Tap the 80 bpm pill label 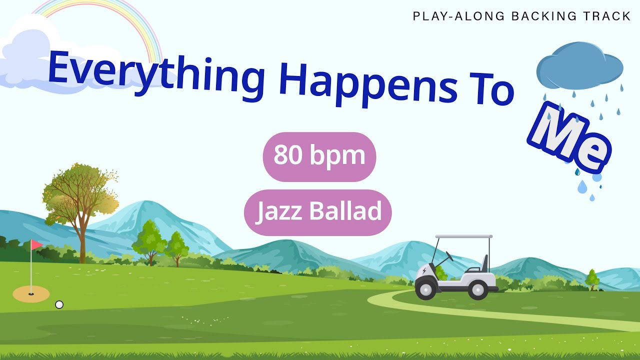click(x=319, y=156)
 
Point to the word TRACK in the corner click(x=607, y=16)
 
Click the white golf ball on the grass click(x=59, y=304)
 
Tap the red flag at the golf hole click(x=36, y=244)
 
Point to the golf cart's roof click(x=463, y=236)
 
